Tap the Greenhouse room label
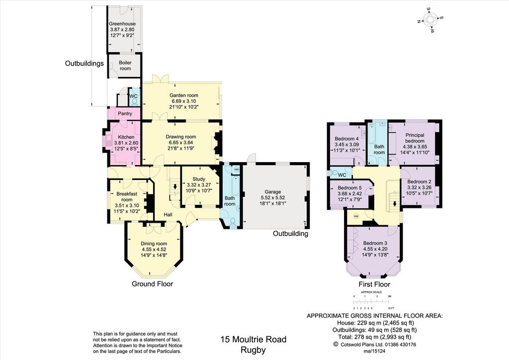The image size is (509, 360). [x=122, y=24]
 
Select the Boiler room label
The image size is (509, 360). [x=125, y=66]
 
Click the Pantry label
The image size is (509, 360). [x=125, y=113]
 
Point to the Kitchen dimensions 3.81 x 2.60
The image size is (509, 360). [x=126, y=143]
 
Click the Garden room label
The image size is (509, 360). [x=184, y=95]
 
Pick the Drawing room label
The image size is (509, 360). [x=181, y=137]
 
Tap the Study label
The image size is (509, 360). [x=199, y=179]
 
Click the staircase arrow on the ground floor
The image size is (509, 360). [x=175, y=186]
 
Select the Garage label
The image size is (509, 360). [x=273, y=192]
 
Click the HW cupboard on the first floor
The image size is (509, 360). [x=356, y=216]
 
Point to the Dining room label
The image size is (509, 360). [x=154, y=244]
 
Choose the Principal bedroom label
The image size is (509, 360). [x=415, y=138]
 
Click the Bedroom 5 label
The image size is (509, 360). [x=349, y=188]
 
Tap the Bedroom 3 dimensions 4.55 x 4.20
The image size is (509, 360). [x=375, y=249]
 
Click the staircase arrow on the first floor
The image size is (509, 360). [x=395, y=204]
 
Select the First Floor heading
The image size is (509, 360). [x=374, y=284]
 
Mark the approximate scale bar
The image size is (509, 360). [x=372, y=302]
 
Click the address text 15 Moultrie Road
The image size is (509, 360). [x=254, y=340]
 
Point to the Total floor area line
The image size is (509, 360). [x=375, y=337]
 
